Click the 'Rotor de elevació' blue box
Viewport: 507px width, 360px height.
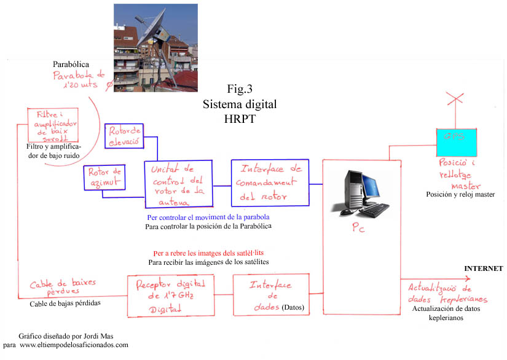click(x=125, y=136)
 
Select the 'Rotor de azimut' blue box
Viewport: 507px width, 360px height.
click(x=104, y=177)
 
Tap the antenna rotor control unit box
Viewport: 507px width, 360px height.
click(x=178, y=183)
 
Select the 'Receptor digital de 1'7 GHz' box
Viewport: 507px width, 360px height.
click(x=171, y=295)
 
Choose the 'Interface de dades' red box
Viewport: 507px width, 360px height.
click(x=270, y=295)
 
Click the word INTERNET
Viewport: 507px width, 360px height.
click(x=483, y=268)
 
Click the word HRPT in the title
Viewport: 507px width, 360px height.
click(x=240, y=119)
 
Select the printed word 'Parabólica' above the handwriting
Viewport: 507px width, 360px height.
click(x=71, y=64)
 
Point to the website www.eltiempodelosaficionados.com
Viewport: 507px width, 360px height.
click(x=74, y=345)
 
